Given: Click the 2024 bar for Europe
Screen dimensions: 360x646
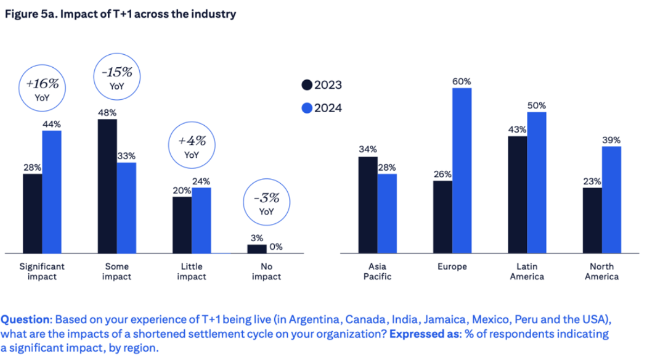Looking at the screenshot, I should point(462,170).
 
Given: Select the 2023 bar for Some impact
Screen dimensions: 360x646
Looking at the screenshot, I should point(107,186).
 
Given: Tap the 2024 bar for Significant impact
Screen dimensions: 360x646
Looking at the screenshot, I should point(51,191).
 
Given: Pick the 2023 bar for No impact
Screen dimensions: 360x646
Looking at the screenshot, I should point(257,249).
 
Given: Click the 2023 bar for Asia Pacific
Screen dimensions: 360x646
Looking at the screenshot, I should point(368,204).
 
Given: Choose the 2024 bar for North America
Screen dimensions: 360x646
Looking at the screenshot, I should point(611,200).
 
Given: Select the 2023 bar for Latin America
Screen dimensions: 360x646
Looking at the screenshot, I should point(518,195).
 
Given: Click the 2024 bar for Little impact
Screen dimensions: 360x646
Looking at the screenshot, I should point(201,220).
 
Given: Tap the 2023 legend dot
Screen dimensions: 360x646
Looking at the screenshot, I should point(307,85).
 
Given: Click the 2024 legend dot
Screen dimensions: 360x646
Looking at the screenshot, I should point(307,108).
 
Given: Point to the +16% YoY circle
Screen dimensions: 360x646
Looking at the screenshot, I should point(42,90).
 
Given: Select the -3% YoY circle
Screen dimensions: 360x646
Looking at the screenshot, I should point(266,203).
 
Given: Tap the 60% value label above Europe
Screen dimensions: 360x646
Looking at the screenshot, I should point(462,81).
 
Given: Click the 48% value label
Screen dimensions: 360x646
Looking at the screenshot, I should point(107,113).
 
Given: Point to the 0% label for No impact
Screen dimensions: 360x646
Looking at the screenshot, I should point(276,247).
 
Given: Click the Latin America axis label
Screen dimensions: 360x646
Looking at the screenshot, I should point(527,272).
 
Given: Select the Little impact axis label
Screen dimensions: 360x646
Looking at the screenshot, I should point(192,272).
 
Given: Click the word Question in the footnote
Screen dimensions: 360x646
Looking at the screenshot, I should point(25,318).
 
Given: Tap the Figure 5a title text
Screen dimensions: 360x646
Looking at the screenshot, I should point(120,15).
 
